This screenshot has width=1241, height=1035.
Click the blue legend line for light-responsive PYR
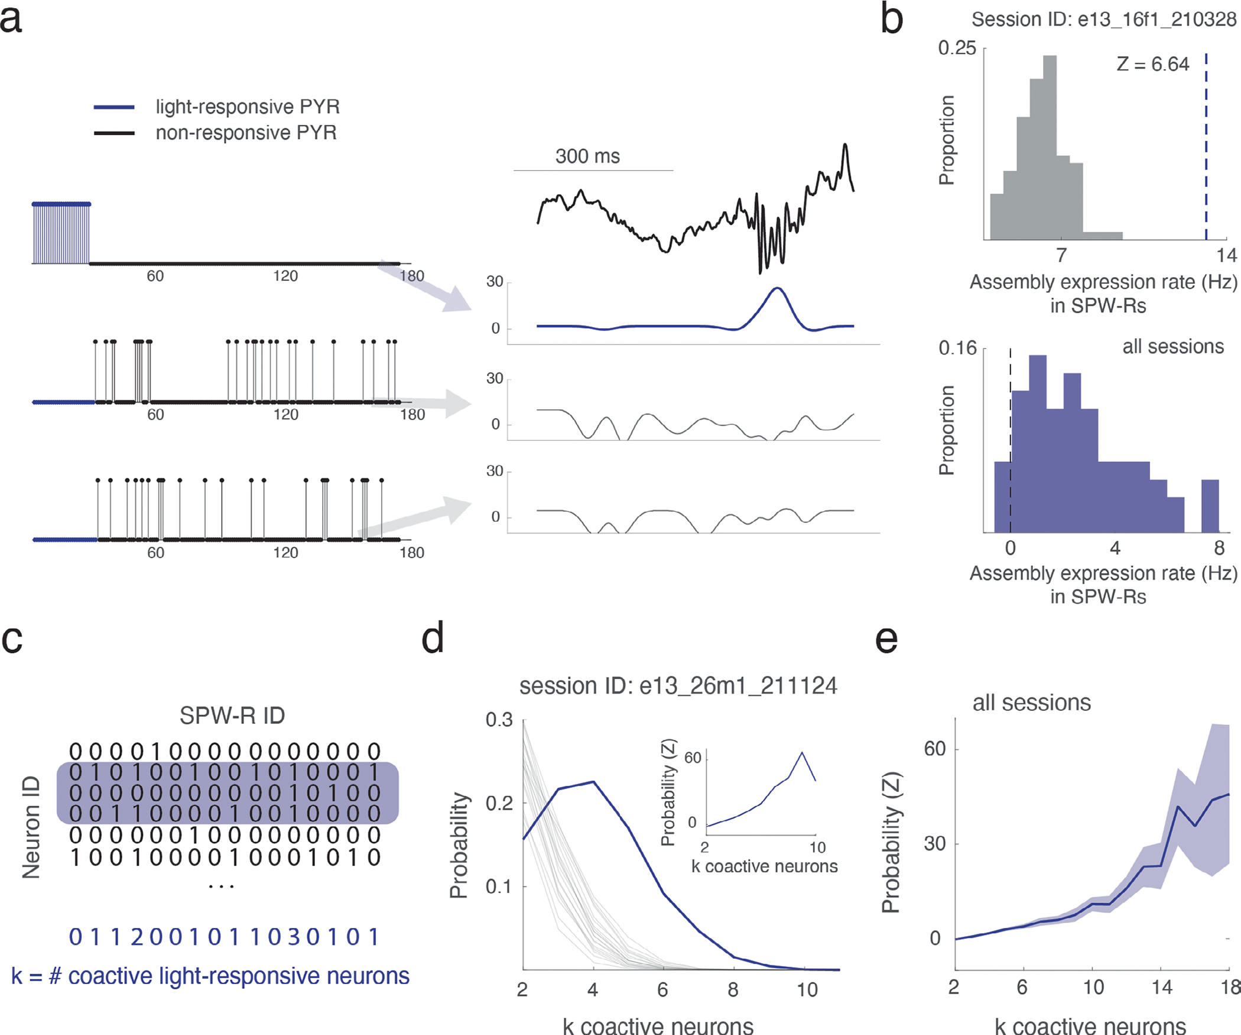point(114,107)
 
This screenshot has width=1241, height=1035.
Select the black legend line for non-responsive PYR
point(114,133)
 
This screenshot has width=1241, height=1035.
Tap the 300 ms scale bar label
point(587,156)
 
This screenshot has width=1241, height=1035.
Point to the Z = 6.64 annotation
point(1152,64)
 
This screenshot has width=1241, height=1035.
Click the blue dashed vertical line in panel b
point(1206,148)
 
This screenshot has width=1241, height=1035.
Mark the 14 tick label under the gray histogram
point(1226,255)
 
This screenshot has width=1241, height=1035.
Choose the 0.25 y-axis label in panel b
point(957,48)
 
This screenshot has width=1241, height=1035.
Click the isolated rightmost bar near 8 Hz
point(1210,506)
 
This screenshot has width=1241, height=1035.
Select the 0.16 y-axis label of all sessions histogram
point(957,348)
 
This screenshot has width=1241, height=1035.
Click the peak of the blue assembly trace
point(778,289)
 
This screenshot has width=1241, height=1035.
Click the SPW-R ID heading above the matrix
point(232,716)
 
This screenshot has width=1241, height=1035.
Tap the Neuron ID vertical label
point(31,827)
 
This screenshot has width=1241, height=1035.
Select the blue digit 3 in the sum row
point(294,937)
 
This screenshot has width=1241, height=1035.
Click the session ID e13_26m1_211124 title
point(678,686)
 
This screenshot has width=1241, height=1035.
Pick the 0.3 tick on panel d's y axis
point(499,720)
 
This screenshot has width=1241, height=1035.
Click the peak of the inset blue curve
point(802,752)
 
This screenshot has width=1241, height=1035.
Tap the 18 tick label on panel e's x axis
point(1232,987)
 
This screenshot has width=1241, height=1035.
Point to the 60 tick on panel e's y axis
point(935,749)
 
